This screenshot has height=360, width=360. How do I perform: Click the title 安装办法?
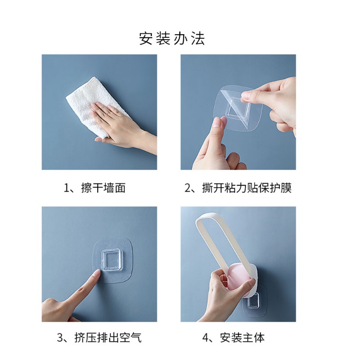coord(172,38)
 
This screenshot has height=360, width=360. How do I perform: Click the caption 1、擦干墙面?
coord(94,188)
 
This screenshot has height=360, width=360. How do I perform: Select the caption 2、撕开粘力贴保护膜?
coord(238,188)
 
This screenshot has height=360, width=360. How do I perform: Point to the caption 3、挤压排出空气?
coord(99,337)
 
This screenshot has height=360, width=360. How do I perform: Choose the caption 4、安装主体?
coord(238,337)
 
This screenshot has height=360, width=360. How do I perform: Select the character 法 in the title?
coord(198,38)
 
